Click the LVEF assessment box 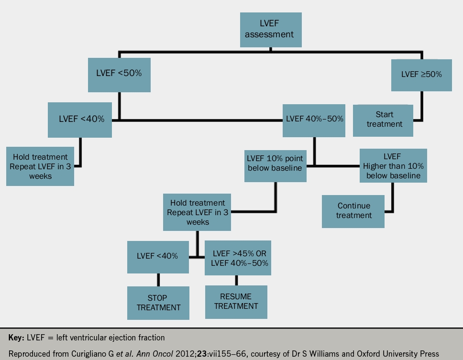pos(271,30)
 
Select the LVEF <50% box pos(119,75)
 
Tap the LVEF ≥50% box pos(421,75)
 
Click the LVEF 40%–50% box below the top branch pos(314,119)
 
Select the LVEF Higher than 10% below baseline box pos(393,165)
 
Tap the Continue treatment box pos(353,211)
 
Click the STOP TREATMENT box pos(158,303)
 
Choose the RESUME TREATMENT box pos(236,302)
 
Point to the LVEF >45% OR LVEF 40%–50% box pos(238,258)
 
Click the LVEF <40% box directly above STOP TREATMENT pos(157,256)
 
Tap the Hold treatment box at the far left pos(40,166)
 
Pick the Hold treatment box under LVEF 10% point pos(198,212)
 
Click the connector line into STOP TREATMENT pos(158,280)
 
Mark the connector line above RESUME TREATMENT pos(236,280)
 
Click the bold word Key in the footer pos(17,338)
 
